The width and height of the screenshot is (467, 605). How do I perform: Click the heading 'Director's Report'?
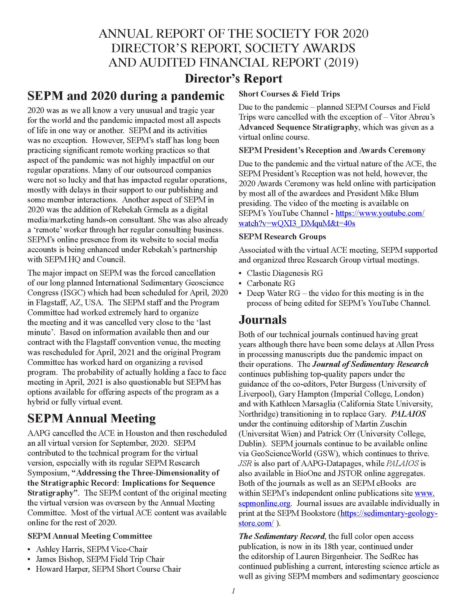tap(233, 79)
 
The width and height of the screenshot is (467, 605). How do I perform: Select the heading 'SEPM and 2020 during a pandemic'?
tap(126, 96)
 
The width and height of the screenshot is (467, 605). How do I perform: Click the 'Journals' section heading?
tap(263, 319)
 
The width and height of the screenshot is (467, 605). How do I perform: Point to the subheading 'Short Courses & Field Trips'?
tap(289, 94)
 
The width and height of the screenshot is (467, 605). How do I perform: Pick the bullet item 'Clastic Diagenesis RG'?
tap(285, 273)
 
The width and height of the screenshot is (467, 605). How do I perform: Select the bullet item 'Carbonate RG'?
tap(271, 283)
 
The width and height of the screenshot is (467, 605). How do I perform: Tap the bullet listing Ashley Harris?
tap(91, 549)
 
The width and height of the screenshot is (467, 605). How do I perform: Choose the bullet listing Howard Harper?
tap(108, 569)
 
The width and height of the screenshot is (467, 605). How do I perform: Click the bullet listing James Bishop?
tap(100, 559)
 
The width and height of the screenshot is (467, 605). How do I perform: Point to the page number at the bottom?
tap(233, 591)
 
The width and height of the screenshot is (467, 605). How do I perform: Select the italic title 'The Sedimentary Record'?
tap(282, 536)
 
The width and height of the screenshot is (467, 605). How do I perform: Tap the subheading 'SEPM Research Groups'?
tap(282, 237)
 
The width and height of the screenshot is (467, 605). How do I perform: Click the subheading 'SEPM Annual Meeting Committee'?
tap(90, 536)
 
